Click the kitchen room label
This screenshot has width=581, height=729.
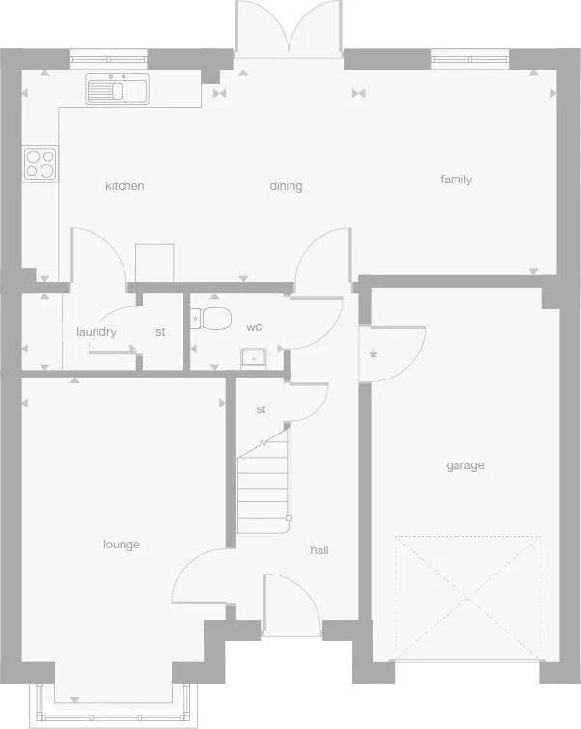click(124, 186)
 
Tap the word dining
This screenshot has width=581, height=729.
click(286, 186)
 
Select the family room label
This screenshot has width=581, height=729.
click(456, 180)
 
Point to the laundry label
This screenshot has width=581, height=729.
click(97, 332)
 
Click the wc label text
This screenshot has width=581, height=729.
click(254, 327)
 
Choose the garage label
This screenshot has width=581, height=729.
click(464, 465)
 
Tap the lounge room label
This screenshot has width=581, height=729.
click(122, 545)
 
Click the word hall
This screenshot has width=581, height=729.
click(319, 549)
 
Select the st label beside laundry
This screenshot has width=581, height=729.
click(160, 332)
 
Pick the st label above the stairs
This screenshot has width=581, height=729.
click(261, 409)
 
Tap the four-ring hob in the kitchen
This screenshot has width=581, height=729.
click(41, 163)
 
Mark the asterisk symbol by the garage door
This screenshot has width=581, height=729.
click(373, 354)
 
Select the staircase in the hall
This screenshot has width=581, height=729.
click(263, 483)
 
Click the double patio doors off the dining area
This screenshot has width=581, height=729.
click(288, 29)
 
